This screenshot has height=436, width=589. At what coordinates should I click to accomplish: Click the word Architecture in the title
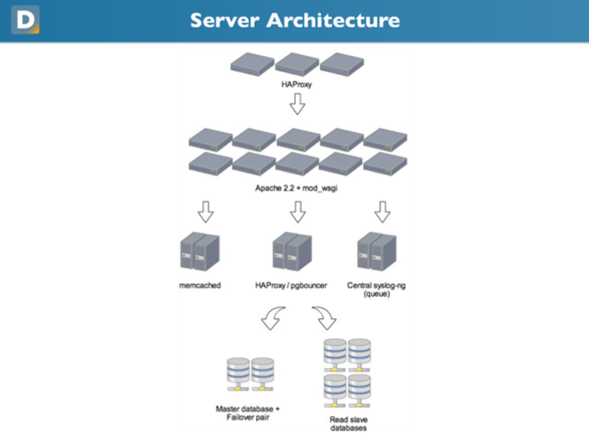(334, 20)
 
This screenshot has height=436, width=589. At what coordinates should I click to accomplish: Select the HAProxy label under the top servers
(297, 84)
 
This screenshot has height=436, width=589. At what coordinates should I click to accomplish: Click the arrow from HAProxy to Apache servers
(297, 104)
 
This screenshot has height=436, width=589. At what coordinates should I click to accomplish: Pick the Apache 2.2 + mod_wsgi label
(297, 188)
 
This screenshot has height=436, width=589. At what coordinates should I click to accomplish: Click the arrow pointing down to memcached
(205, 211)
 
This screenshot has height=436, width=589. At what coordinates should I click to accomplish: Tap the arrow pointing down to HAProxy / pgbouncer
(298, 211)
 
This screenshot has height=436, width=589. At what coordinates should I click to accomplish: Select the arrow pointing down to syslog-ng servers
(382, 211)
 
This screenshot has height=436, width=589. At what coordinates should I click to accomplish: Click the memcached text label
(200, 285)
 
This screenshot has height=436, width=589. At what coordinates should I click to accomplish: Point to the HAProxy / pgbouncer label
(291, 285)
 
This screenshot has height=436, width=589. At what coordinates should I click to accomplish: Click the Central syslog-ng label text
(376, 285)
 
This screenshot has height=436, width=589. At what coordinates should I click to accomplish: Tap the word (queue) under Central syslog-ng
(376, 294)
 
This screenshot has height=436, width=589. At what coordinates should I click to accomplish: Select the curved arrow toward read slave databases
(325, 318)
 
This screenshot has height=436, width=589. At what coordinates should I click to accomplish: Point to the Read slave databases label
(348, 424)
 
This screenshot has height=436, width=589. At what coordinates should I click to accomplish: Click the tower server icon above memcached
(200, 251)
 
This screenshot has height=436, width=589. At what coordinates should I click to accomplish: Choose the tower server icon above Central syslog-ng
(376, 251)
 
